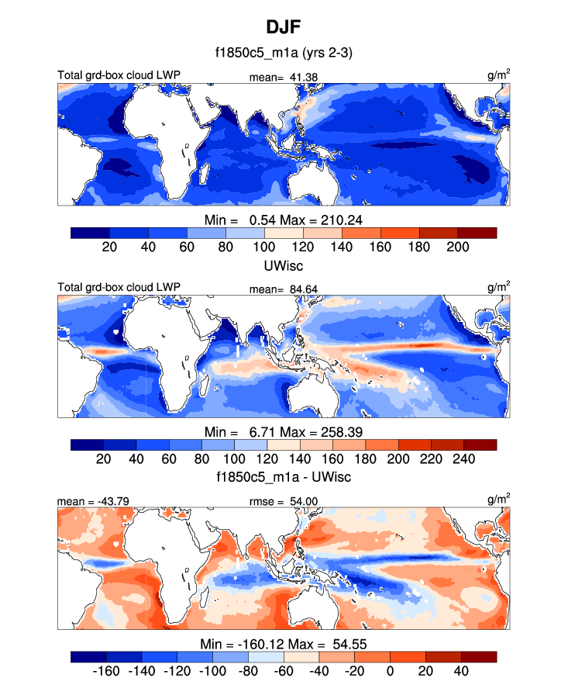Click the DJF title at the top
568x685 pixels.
tap(284, 28)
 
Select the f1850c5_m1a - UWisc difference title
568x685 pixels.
tap(284, 476)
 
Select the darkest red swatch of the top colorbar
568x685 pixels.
tap(477, 233)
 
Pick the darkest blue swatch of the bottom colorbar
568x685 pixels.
tap(90, 656)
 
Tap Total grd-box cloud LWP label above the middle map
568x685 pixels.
tap(119, 287)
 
